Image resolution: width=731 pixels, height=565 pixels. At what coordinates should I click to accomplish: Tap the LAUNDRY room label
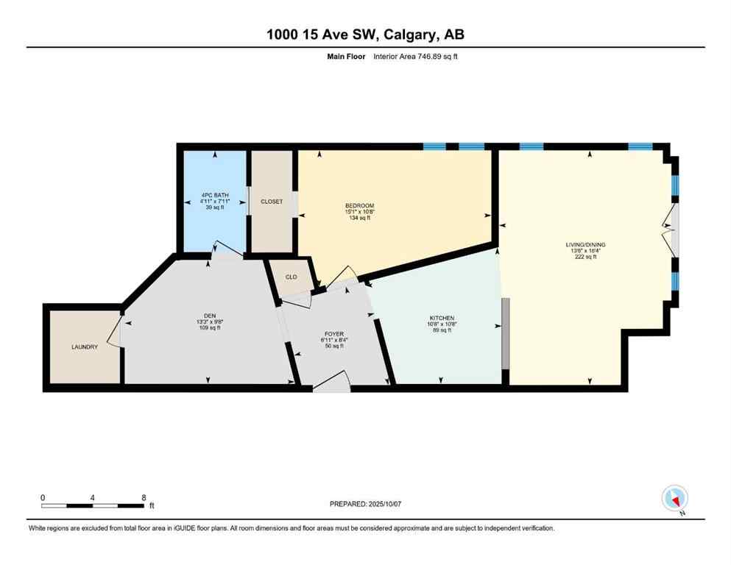(x=85, y=347)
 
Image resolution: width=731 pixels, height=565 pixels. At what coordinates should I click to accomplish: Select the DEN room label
(x=203, y=313)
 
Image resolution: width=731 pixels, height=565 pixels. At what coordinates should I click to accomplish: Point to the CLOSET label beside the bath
(x=272, y=201)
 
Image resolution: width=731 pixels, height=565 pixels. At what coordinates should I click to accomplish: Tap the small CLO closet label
(x=291, y=277)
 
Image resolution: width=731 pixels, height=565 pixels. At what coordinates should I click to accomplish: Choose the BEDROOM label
(x=360, y=205)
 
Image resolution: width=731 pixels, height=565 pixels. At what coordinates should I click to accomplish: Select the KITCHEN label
(x=442, y=318)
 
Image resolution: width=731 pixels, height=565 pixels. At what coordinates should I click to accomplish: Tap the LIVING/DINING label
(x=586, y=244)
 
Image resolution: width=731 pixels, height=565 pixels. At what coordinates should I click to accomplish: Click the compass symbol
(x=675, y=499)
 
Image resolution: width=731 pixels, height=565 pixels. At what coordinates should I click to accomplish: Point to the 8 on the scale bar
(x=144, y=498)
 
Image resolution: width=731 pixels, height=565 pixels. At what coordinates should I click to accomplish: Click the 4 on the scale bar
(x=93, y=498)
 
